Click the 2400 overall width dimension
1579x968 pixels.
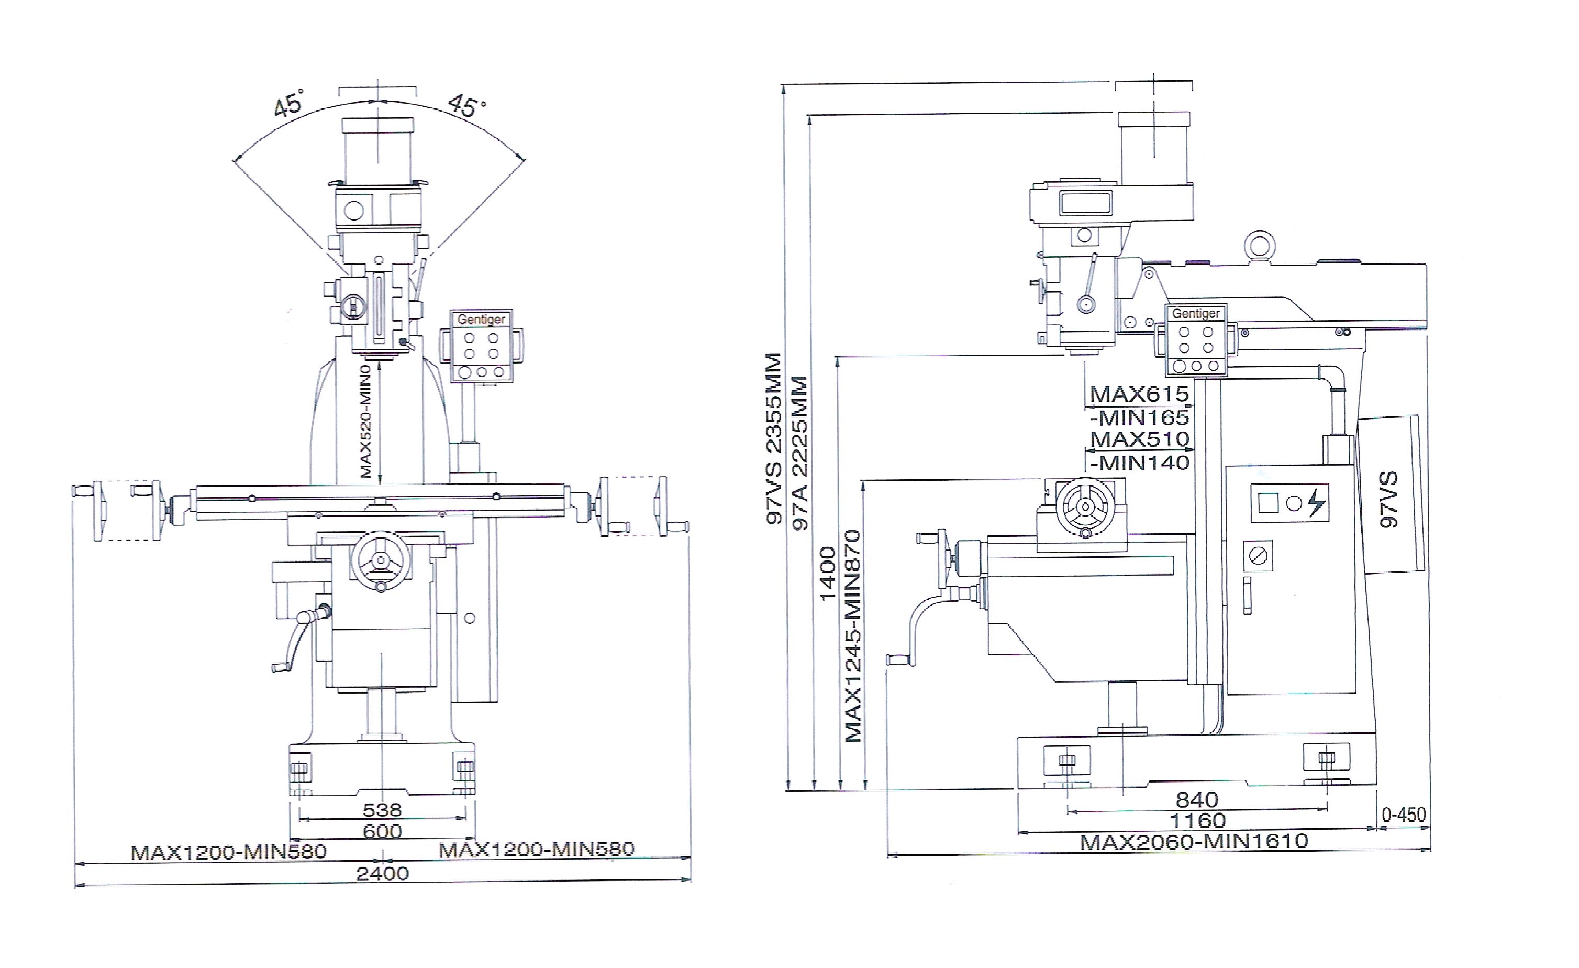[383, 874]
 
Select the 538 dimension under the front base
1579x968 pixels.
[383, 810]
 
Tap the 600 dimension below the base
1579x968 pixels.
[383, 831]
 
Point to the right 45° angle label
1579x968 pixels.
[466, 106]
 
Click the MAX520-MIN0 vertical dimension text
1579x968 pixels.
[366, 421]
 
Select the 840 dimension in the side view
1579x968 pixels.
[1197, 800]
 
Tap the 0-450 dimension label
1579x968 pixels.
[1404, 815]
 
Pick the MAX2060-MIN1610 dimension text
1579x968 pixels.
[1194, 842]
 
